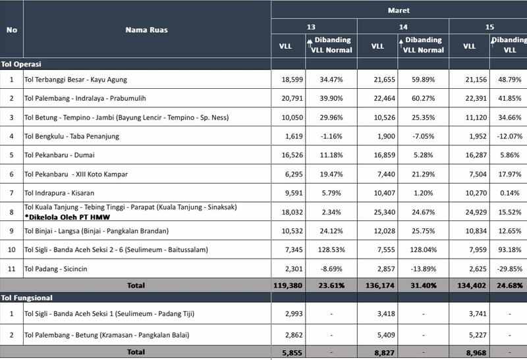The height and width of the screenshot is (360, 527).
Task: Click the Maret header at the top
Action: (x=398, y=11)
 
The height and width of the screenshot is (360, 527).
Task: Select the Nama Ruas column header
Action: (x=147, y=30)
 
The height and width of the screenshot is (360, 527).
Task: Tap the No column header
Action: (x=11, y=30)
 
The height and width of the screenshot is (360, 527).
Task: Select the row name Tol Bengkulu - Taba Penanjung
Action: (x=69, y=136)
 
